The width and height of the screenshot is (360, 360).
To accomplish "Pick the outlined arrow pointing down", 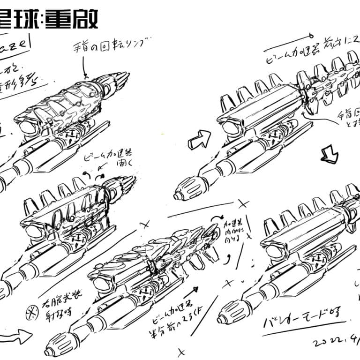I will pos(329,154).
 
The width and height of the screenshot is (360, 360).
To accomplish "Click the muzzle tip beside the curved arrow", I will pos(49,352).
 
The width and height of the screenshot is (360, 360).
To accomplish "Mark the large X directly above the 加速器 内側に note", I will pos(242,204).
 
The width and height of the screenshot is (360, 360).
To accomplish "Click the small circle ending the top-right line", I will pos(311,35).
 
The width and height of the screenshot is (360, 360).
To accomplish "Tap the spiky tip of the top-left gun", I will pos(125,75).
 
